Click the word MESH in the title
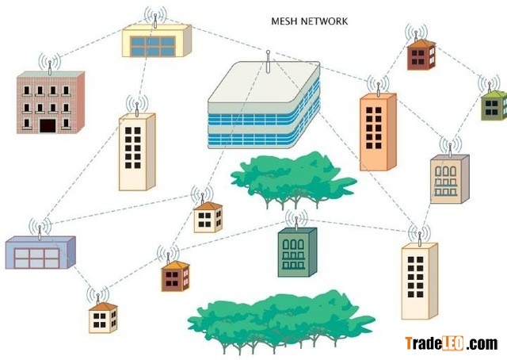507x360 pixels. tap(284, 21)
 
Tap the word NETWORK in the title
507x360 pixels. tap(324, 21)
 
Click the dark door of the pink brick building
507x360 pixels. tap(48, 125)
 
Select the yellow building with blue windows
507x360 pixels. tap(156, 42)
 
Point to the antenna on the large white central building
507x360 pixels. tap(269, 59)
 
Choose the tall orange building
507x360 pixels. tap(377, 132)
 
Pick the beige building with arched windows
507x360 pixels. tap(448, 179)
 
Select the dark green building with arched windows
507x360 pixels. tap(296, 252)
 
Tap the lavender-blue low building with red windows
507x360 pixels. tap(40, 253)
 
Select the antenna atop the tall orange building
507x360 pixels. tap(378, 84)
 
